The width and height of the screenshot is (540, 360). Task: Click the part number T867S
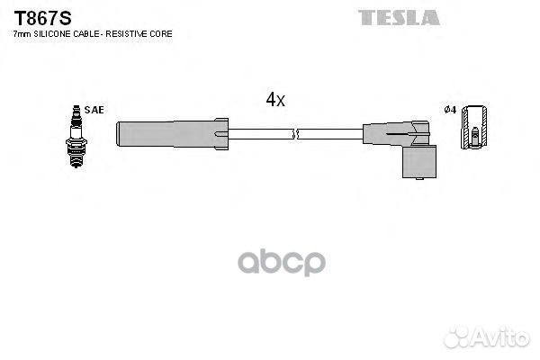pos(42,18)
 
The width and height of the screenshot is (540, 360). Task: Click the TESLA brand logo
pos(399,18)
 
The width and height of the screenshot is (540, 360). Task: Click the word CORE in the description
pos(161,34)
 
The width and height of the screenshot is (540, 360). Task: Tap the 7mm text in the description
pos(22,34)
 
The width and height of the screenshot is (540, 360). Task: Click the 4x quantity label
pos(275,100)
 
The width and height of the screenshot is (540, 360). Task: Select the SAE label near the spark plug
pos(94,110)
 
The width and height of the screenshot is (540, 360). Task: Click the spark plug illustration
pos(76,137)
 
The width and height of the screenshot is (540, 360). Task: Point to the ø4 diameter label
pos(450,110)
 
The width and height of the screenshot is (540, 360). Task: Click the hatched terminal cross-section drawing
pos(474,128)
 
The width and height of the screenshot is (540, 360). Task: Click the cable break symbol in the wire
pos(295,134)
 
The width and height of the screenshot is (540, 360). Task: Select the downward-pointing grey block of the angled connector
pos(419,162)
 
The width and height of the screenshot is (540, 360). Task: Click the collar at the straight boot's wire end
pos(220,134)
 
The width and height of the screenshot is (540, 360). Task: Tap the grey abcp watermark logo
pos(282,263)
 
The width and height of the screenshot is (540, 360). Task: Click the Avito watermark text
pos(502,337)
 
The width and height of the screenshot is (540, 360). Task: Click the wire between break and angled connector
pos(330,134)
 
